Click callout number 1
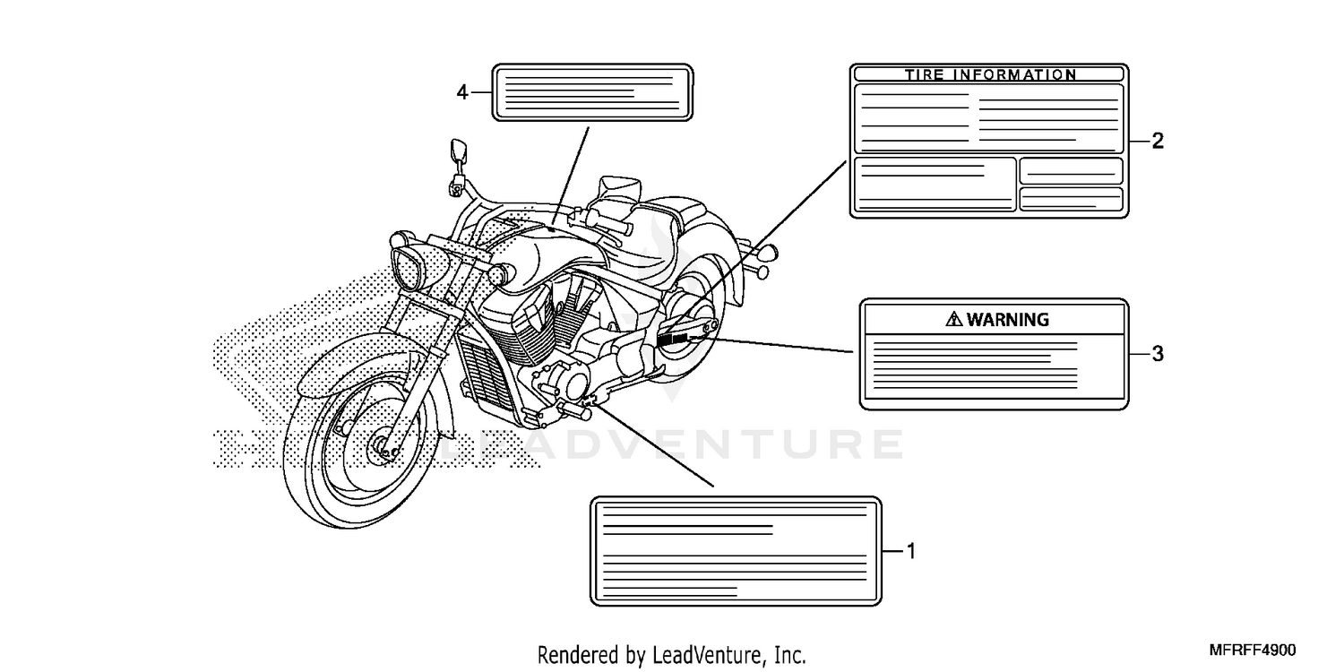coord(911,551)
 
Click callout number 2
coord(1158,141)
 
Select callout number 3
coord(1158,354)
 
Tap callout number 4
coord(462,91)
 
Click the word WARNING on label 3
coord(1008,319)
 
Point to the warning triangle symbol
coord(953,319)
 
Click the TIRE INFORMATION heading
coord(989,75)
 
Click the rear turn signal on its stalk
coord(765,254)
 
